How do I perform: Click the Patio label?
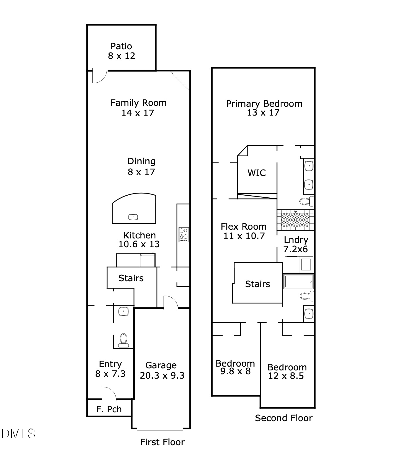tap(121, 46)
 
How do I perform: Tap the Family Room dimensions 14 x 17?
tap(138, 113)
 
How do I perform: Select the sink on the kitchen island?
tap(133, 217)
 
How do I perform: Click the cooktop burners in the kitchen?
tap(184, 234)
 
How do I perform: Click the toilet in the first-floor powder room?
tap(123, 340)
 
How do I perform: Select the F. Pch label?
tap(109, 409)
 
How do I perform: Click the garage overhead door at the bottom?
tap(160, 428)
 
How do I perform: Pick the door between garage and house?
tap(171, 302)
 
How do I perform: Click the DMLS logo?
tap(18, 433)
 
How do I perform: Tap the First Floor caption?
tap(162, 442)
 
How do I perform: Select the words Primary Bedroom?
tap(264, 104)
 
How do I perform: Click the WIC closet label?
tap(257, 173)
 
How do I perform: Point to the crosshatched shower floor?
tap(295, 220)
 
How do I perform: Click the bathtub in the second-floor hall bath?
tap(298, 282)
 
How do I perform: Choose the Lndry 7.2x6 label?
tap(296, 244)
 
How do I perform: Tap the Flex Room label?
tap(244, 226)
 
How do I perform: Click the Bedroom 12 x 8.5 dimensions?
tap(286, 376)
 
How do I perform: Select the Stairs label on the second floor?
tap(257, 284)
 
